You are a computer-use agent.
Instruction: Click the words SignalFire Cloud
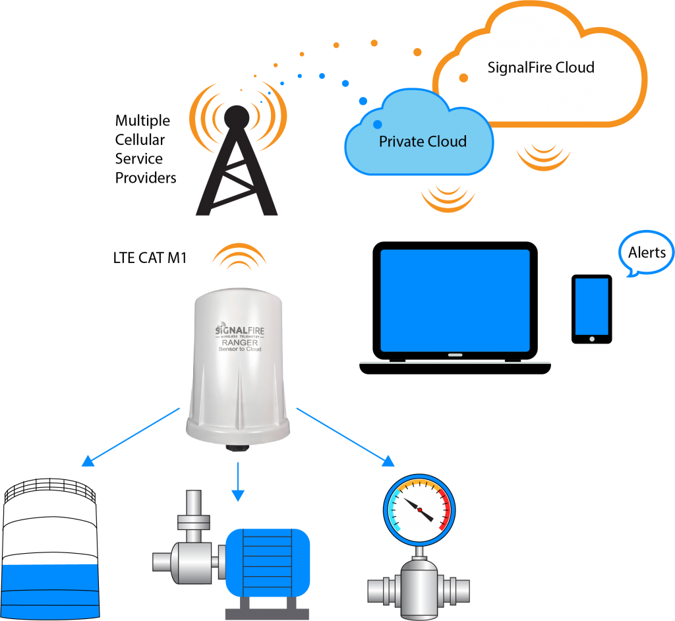541,67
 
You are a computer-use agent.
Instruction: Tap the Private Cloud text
423,141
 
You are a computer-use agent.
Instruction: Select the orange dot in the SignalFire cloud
463,78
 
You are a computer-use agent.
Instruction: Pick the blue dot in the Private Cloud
377,124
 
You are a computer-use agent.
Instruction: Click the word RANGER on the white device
239,341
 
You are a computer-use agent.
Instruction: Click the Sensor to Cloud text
240,349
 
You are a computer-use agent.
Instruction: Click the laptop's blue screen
454,300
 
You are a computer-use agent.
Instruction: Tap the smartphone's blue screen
591,306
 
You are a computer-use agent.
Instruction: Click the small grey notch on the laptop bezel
455,355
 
